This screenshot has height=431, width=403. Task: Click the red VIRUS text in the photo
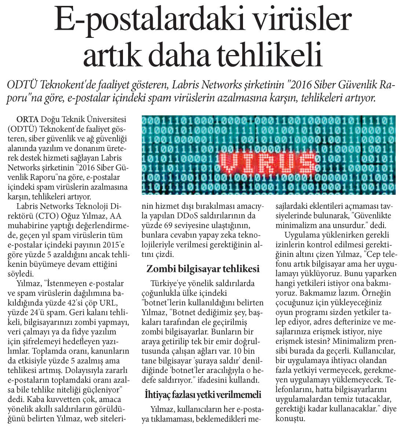[268, 162]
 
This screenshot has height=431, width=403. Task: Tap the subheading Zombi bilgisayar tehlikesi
[203, 269]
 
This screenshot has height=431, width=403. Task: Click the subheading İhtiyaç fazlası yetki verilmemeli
[203, 395]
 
